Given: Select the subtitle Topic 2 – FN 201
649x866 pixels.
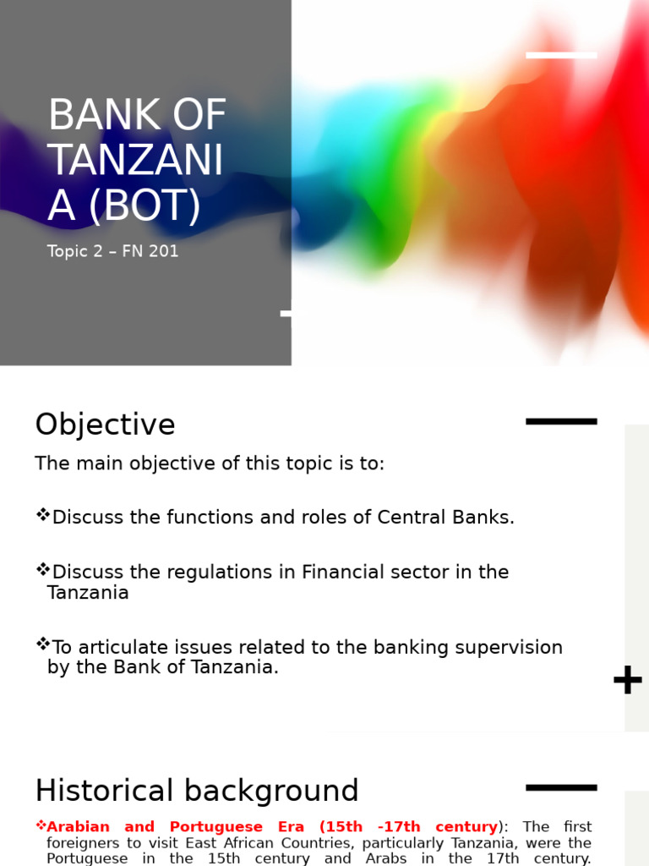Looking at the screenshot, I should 113,251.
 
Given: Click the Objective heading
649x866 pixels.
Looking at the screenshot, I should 105,425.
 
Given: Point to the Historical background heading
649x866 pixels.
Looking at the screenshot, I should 197,791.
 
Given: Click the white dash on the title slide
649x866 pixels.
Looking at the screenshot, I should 561,56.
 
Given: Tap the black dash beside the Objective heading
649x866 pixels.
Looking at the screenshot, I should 561,421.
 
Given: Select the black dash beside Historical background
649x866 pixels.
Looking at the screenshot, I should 561,787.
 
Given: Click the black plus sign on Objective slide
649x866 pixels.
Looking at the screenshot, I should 627,680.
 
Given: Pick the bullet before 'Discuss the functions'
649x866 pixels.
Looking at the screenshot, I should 42,515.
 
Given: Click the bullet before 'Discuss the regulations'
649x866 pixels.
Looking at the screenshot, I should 42,570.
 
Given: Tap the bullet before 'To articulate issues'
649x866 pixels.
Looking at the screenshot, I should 42,644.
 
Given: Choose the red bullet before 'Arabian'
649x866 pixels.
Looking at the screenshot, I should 41,825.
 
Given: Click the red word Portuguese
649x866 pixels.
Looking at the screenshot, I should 215,827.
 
